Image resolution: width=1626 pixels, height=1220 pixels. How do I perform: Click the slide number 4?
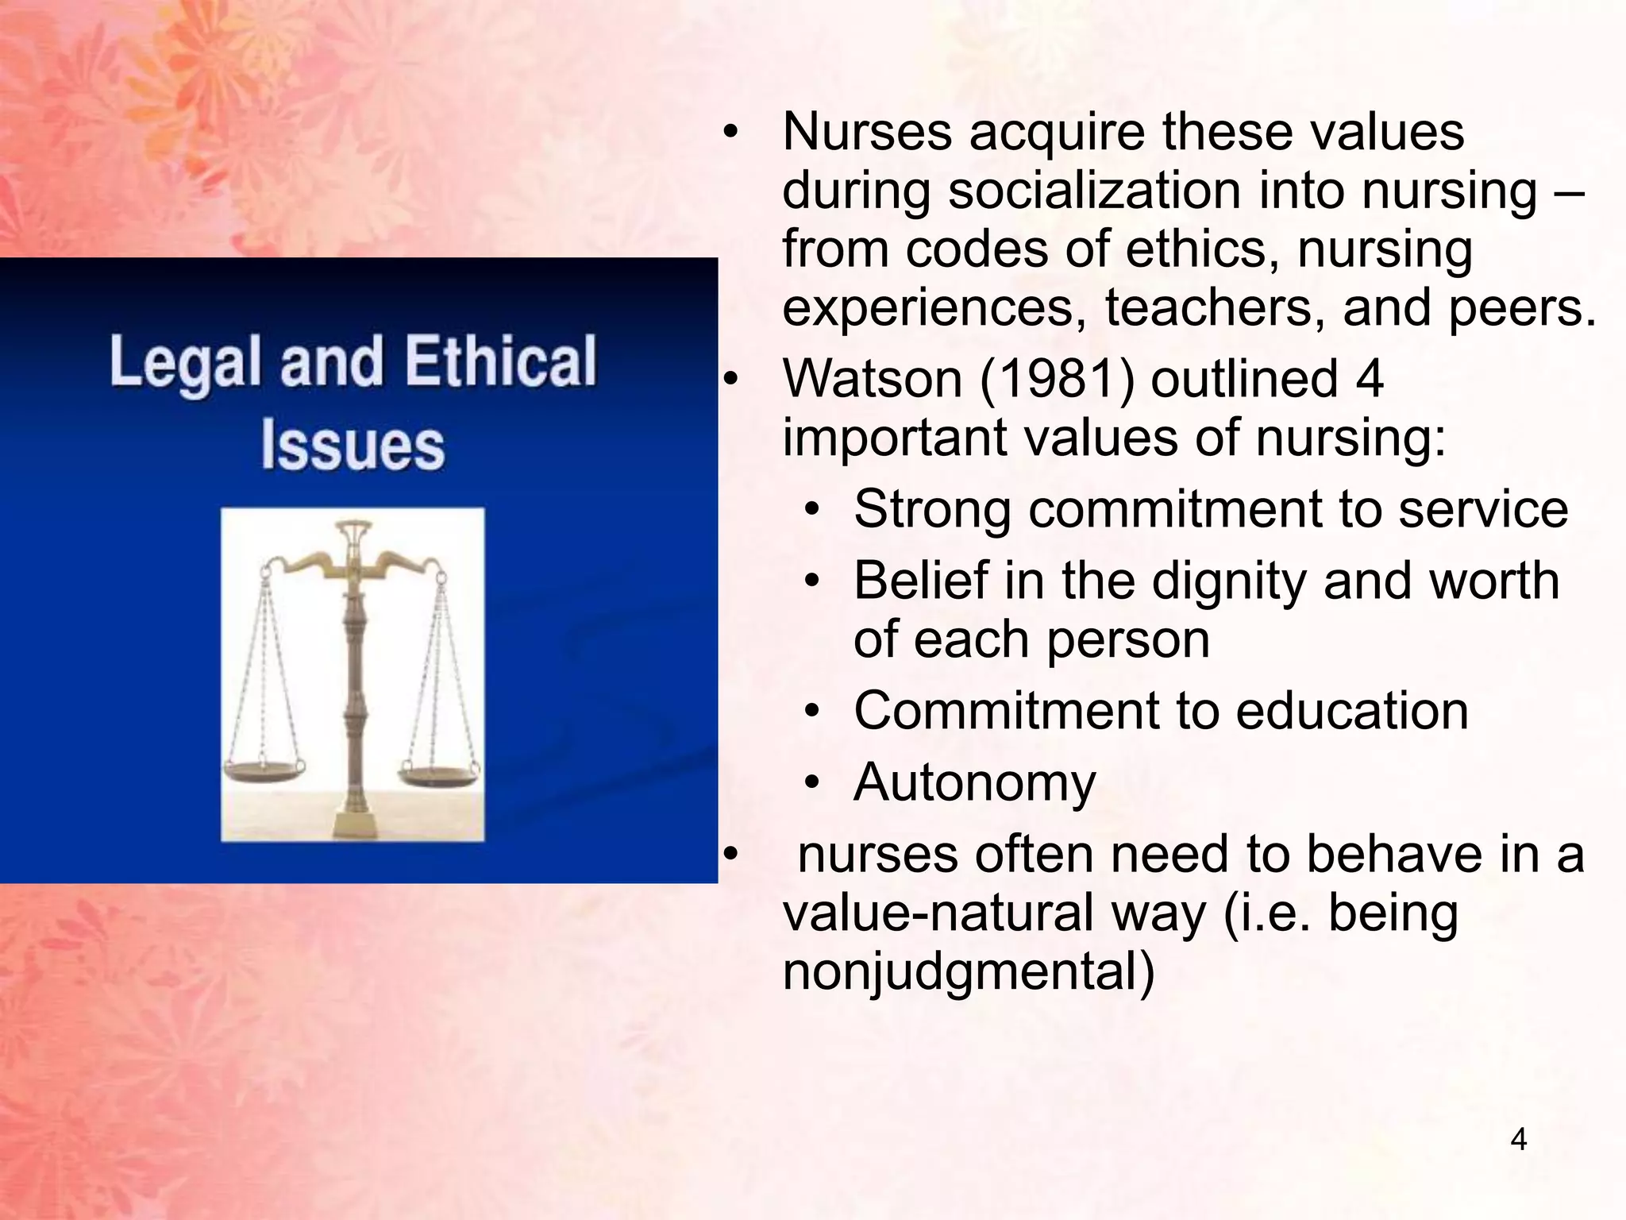(1518, 1140)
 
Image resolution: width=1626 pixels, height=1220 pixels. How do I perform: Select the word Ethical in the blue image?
(500, 361)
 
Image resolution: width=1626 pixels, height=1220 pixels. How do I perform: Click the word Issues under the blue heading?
(353, 445)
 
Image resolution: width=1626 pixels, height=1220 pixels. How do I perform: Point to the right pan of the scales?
(439, 772)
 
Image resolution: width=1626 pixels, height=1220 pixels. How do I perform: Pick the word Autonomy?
(974, 783)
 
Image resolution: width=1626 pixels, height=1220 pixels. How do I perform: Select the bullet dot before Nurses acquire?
(730, 133)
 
